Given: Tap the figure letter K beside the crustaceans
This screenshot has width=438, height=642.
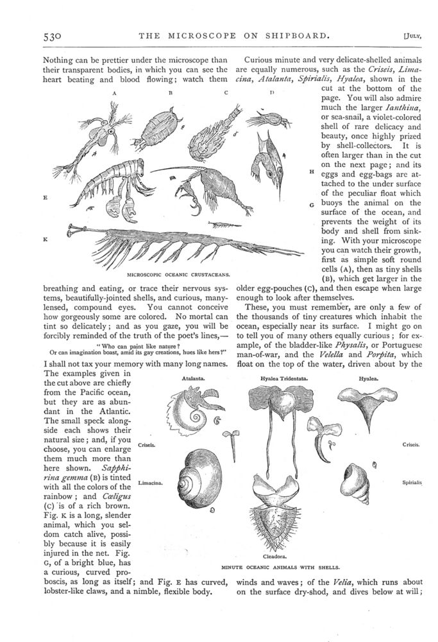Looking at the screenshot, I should tap(45, 239).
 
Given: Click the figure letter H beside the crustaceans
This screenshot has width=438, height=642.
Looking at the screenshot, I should tap(311, 171).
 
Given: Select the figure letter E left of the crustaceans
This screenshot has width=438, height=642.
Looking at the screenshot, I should tap(45, 198).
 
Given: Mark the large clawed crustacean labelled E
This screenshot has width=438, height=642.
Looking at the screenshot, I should tap(115, 184).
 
